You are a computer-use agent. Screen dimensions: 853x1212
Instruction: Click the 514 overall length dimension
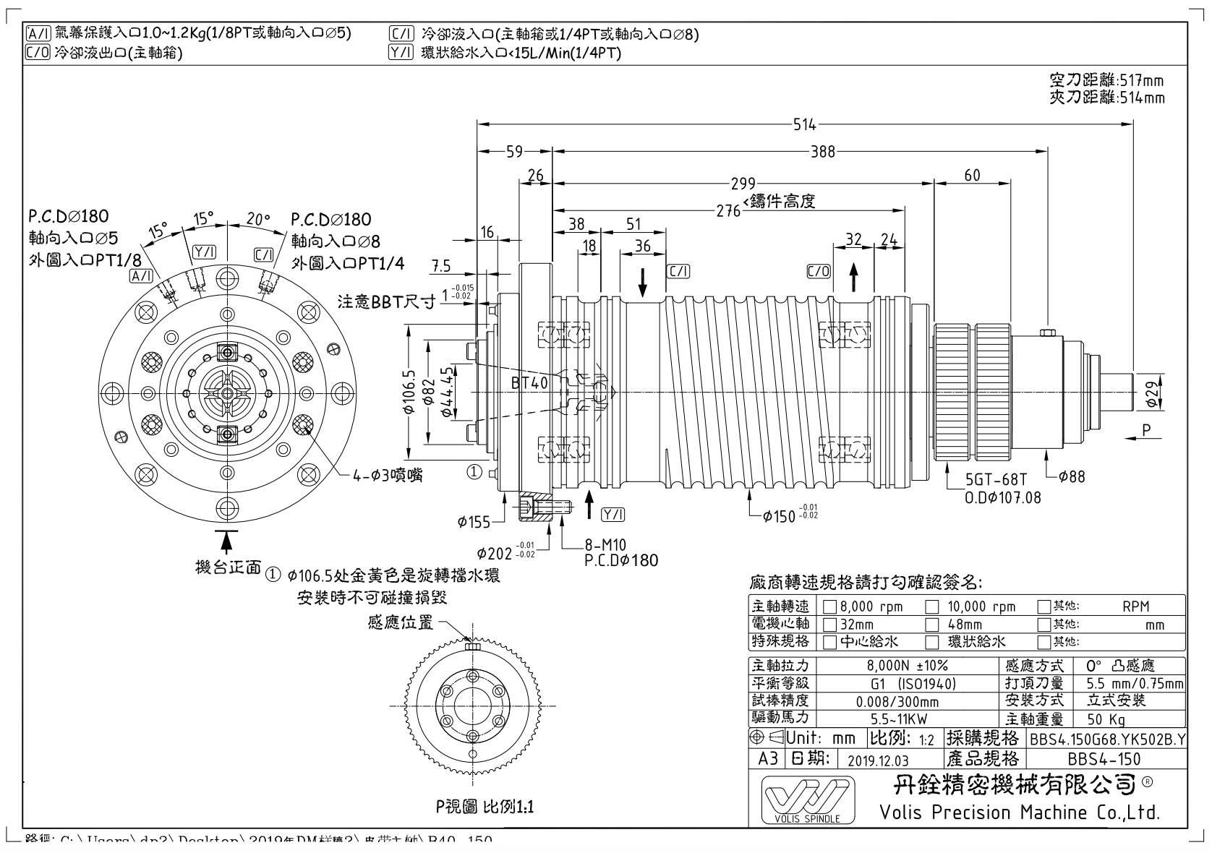pyautogui.click(x=804, y=124)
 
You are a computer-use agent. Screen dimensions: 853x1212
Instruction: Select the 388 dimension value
pyautogui.click(x=823, y=152)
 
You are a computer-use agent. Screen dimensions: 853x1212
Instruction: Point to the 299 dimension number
pyautogui.click(x=743, y=184)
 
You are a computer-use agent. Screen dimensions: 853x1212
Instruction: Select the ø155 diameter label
pyautogui.click(x=474, y=522)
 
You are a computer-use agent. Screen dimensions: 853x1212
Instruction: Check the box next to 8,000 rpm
pyautogui.click(x=830, y=606)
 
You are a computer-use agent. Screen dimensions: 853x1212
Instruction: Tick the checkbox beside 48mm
pyautogui.click(x=933, y=624)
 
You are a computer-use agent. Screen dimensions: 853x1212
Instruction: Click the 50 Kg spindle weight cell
pyautogui.click(x=1106, y=719)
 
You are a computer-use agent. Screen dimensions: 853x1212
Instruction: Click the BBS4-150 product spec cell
pyautogui.click(x=1104, y=759)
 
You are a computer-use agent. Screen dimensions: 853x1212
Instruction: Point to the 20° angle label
pyautogui.click(x=257, y=218)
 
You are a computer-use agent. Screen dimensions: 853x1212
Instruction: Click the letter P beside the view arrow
pyautogui.click(x=1147, y=430)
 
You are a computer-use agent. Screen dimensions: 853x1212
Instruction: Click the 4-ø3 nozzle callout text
pyautogui.click(x=388, y=475)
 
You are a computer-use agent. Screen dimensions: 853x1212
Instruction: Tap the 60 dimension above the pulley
pyautogui.click(x=972, y=176)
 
